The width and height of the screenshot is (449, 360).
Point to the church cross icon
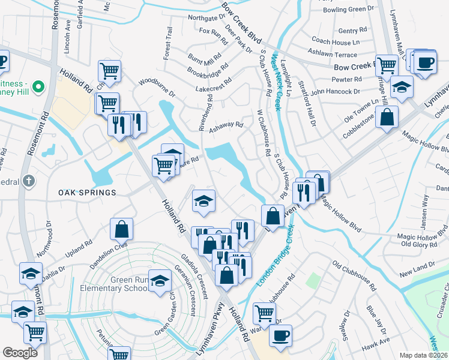29,181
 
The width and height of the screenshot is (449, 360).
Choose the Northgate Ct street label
206,17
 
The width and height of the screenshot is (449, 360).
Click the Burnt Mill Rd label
204,59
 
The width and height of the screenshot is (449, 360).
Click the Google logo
20,353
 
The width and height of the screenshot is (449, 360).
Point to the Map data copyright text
424,355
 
